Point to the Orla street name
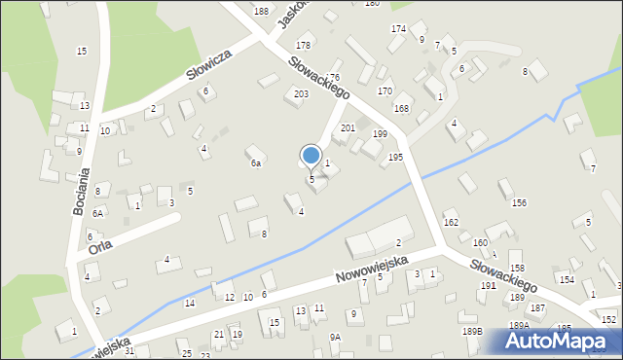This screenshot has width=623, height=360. coord(100,243)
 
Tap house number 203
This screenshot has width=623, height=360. coord(301,93)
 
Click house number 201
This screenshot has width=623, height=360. coord(348,127)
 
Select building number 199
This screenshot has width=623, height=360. coord(380,134)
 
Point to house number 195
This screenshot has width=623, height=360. coord(396,157)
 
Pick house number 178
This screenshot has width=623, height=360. coord(304,45)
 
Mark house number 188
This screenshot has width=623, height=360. coord(261,11)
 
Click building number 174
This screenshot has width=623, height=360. coord(398,28)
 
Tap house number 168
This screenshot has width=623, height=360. coord(401,108)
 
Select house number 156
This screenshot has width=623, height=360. coord(520,202)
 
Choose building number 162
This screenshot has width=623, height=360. coord(451,223)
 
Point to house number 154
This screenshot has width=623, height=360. coord(567,279)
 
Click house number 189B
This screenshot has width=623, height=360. coord(472,332)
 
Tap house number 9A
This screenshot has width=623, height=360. coord(335,337)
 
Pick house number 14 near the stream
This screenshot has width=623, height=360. coord(190,304)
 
